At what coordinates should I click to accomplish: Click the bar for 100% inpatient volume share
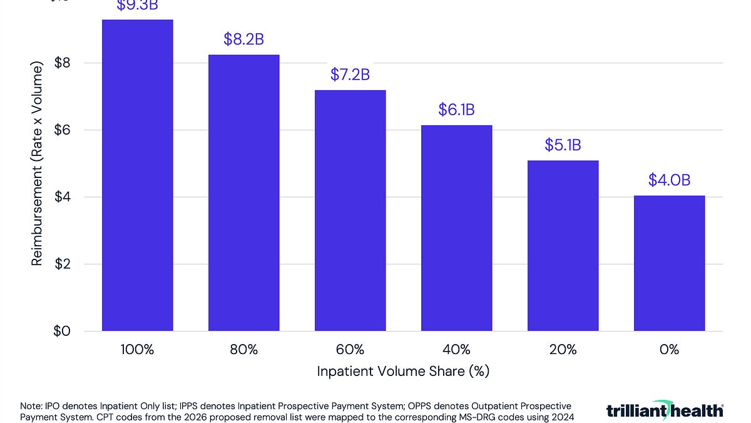pos(137,175)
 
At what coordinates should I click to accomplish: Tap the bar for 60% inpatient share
pos(350,211)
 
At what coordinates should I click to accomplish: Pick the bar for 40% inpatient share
pos(456,228)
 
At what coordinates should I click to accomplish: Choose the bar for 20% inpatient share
pos(563,246)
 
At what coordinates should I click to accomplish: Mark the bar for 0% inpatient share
pos(669,263)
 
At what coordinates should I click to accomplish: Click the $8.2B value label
pos(243,39)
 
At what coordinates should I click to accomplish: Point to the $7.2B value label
pos(350,75)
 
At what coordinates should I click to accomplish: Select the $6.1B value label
pos(456,110)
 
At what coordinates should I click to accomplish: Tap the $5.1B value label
pos(563,145)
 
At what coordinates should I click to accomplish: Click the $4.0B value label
pos(669,180)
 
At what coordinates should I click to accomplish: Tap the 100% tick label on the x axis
pos(137,350)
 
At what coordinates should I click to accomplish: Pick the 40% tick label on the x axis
pos(456,350)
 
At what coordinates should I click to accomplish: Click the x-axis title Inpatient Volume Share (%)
pos(403,371)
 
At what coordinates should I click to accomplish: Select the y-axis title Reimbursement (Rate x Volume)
pos(38,164)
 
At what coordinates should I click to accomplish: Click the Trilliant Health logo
pos(665,410)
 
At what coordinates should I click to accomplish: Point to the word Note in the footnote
pos(32,406)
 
